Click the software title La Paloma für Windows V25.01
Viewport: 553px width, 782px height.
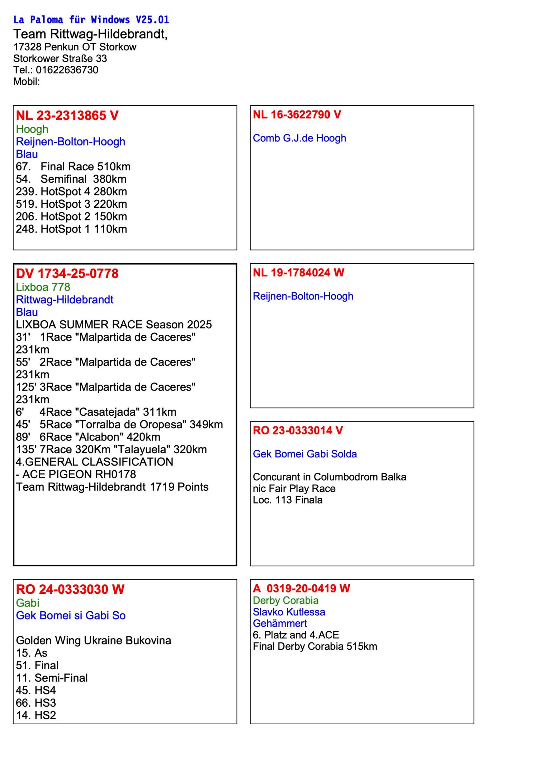pos(91,20)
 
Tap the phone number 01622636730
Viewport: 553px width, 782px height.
pos(67,70)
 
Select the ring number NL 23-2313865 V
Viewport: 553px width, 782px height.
pos(67,115)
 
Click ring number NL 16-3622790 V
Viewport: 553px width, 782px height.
pos(297,114)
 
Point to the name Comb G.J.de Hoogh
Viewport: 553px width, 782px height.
pos(299,138)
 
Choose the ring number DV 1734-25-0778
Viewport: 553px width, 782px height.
pos(67,273)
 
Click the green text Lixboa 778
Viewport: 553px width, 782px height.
pos(43,287)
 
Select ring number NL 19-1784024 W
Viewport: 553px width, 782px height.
pos(298,272)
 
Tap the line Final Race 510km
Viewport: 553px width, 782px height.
pos(73,167)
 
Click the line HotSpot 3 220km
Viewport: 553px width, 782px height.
pos(71,204)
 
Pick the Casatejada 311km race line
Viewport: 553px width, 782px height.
pos(96,412)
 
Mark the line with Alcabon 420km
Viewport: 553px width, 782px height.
pos(88,437)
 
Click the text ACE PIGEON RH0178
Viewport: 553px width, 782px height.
pos(79,474)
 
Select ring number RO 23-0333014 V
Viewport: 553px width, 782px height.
pos(298,430)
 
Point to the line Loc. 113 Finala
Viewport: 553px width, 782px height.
pos(287,500)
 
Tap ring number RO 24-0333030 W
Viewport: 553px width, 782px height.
pos(70,589)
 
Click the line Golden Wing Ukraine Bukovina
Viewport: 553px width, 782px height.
pos(93,640)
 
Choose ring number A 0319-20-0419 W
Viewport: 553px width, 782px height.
pos(301,588)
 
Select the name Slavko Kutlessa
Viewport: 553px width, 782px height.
pos(289,612)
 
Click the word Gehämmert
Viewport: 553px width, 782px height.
pos(280,623)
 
